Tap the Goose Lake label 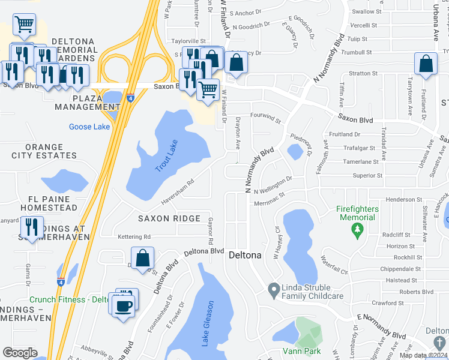point(89,127)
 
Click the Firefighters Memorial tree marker point(357,230)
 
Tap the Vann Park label point(302,351)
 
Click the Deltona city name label point(246,255)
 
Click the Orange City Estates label point(44,151)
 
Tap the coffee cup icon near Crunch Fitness point(124,305)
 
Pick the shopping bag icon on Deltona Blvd point(143,258)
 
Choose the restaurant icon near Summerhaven point(31,227)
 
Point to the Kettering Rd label point(134,236)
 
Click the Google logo point(20,353)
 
